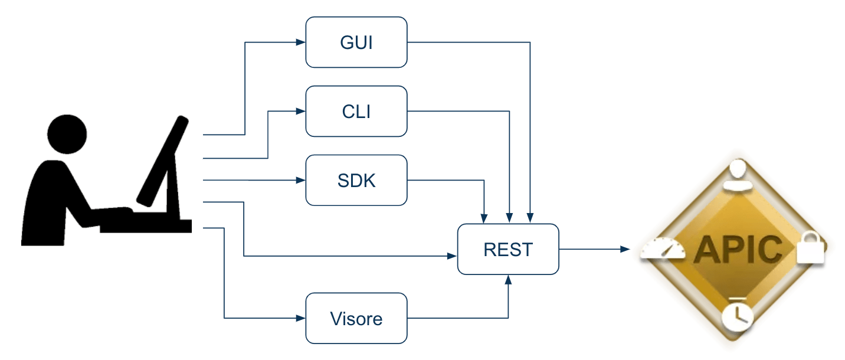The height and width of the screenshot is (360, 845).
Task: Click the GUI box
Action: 356,42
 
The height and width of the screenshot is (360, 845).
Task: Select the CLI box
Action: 356,111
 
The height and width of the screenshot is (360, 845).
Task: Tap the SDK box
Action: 356,180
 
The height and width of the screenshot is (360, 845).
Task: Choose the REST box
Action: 508,249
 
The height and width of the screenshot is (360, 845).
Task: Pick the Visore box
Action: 356,319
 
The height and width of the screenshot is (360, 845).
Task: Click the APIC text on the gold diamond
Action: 738,250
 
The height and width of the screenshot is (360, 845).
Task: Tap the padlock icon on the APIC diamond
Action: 808,249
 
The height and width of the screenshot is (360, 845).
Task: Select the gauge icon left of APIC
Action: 664,250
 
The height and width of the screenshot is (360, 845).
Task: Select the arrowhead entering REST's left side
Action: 453,256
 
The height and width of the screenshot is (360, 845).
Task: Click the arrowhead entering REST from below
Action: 508,279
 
